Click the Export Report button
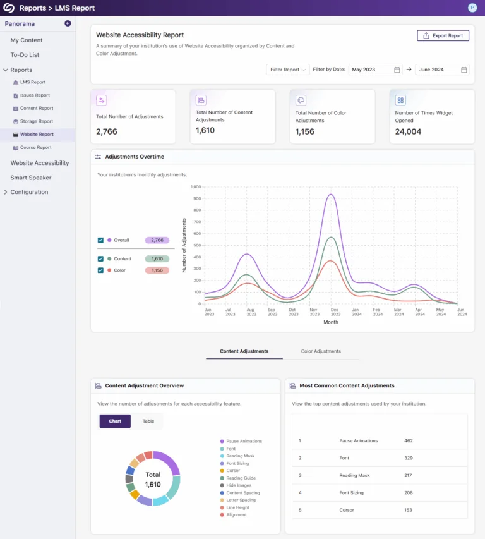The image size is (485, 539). (443, 36)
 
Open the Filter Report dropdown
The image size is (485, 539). (287, 70)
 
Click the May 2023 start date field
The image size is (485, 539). (375, 70)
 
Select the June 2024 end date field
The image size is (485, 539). (442, 70)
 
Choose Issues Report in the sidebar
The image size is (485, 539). (35, 95)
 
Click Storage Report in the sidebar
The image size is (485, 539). (36, 121)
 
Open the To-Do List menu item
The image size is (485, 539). (25, 55)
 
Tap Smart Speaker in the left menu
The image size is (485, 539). (31, 178)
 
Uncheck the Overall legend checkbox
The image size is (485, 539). (100, 240)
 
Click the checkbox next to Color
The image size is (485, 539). (100, 270)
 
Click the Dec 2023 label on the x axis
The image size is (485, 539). (334, 312)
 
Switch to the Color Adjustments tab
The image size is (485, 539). (321, 351)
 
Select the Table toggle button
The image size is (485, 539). (148, 421)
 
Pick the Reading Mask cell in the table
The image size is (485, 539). (354, 476)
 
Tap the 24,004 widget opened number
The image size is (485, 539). (408, 131)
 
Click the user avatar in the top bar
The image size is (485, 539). (472, 8)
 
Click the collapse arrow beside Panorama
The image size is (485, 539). (68, 23)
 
